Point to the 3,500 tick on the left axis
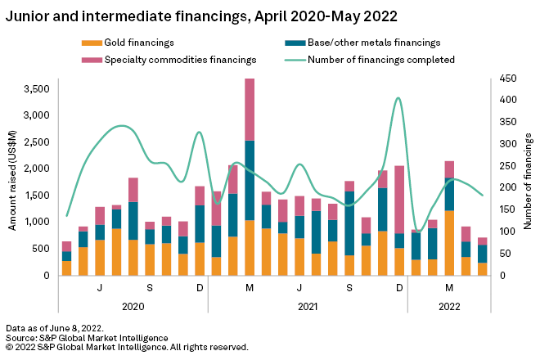tap(35, 88)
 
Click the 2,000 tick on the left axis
tap(35, 169)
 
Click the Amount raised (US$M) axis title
tap(13, 181)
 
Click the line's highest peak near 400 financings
tap(398, 98)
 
